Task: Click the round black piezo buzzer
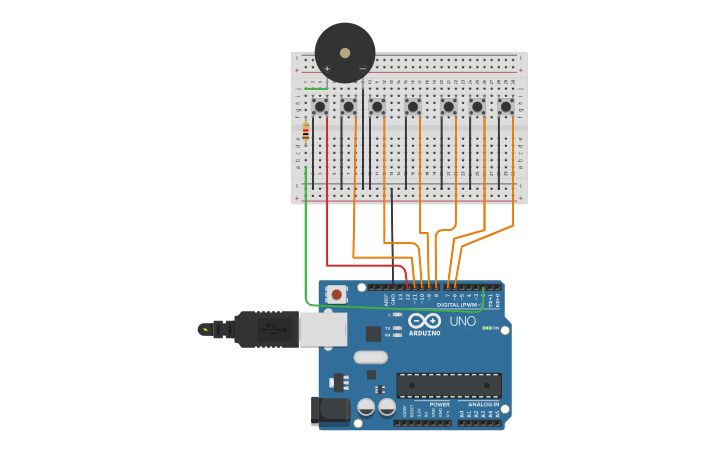click(345, 53)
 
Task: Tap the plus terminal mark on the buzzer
click(327, 68)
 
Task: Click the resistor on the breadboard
click(305, 131)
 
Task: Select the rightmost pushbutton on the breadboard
click(506, 106)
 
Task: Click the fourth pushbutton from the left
click(412, 106)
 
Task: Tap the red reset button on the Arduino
click(337, 294)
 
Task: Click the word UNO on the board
click(462, 322)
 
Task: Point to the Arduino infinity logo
click(424, 321)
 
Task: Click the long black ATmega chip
click(449, 385)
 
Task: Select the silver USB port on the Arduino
click(322, 327)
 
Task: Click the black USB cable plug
click(265, 328)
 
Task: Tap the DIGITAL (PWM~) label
click(456, 304)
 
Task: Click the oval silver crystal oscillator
click(370, 357)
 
